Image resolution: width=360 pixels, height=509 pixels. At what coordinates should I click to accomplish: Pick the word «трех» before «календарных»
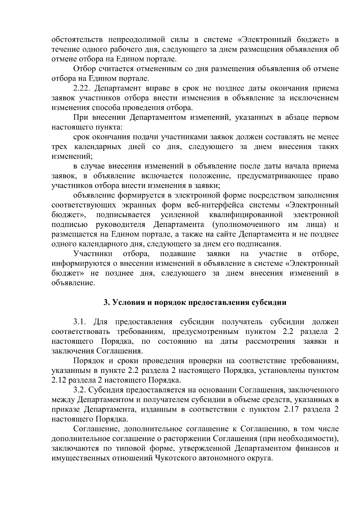click(x=59, y=147)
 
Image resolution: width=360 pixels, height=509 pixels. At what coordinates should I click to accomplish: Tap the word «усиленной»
click(x=180, y=215)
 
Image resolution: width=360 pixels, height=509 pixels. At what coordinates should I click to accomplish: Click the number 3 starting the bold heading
click(x=105, y=302)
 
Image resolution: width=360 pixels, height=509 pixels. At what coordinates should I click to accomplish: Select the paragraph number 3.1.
click(x=80, y=322)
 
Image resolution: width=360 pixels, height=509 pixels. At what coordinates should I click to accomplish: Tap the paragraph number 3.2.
click(x=80, y=390)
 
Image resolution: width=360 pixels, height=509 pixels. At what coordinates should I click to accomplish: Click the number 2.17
click(x=290, y=410)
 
